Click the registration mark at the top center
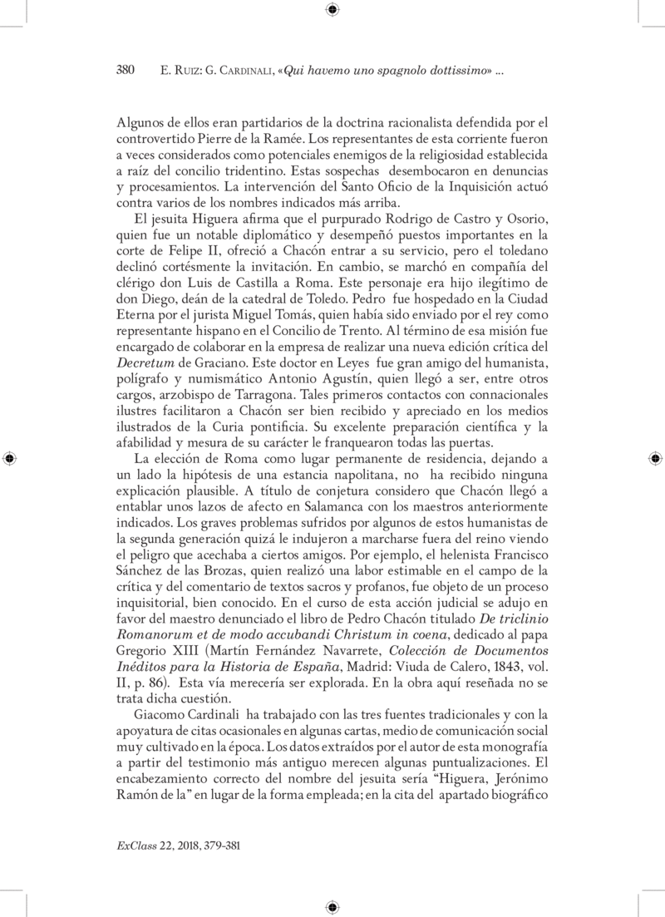coord(332,10)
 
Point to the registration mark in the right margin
coord(655,458)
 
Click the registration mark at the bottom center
coord(332,905)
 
